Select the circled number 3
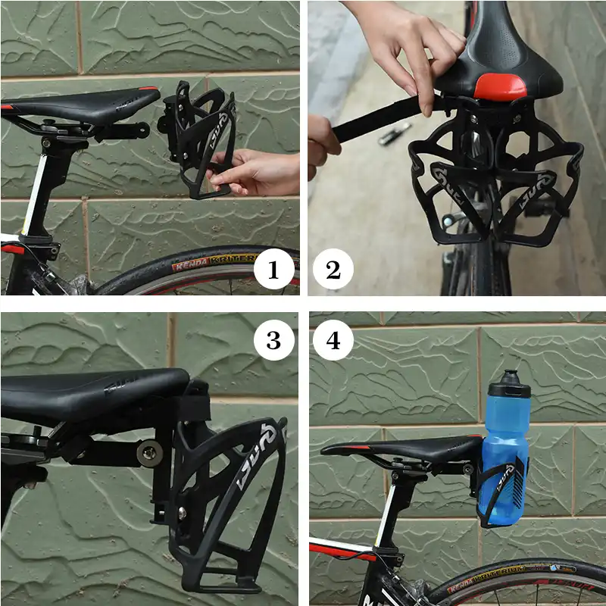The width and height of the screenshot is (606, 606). click(273, 342)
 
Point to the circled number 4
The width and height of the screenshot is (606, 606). click(334, 342)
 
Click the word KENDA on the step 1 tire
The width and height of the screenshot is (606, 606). click(190, 266)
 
